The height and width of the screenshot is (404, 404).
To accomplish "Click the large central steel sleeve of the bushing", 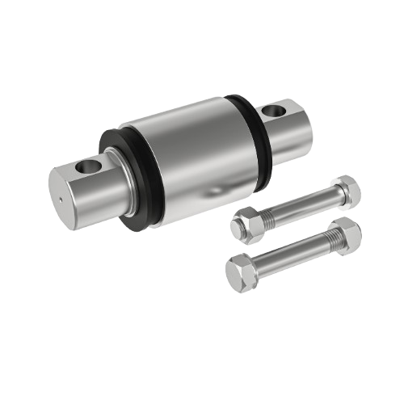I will click(x=190, y=154).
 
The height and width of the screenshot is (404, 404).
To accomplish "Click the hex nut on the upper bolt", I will click(x=246, y=222).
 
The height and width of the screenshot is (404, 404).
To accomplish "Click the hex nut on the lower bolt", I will click(x=239, y=270).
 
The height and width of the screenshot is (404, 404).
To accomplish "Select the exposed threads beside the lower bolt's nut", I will click(x=263, y=261).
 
